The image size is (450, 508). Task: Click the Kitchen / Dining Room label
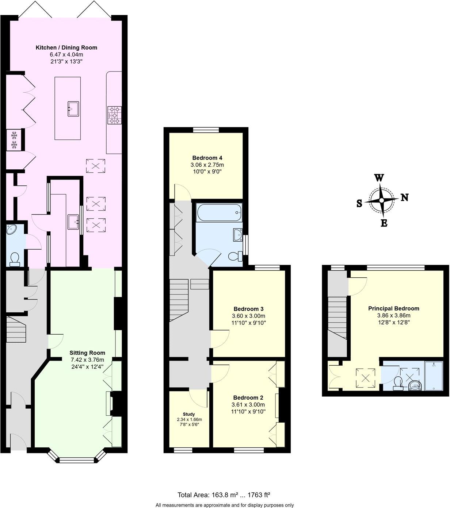pos(66,47)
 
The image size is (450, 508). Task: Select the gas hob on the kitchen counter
pos(114,115)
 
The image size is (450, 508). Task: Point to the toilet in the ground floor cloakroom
pos(15,259)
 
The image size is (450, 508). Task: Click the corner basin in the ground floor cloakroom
pos(12,230)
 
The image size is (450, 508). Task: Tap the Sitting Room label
pos(87,353)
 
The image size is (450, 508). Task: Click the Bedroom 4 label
pos(207,158)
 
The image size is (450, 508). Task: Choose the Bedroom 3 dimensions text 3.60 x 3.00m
pos(248,316)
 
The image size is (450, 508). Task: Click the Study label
pos(188,414)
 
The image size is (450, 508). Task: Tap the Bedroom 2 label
pos(248,397)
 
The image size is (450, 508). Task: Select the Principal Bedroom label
pos(393,308)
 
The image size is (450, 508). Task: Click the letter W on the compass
pos(379,178)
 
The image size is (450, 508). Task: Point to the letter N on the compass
pos(404,197)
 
